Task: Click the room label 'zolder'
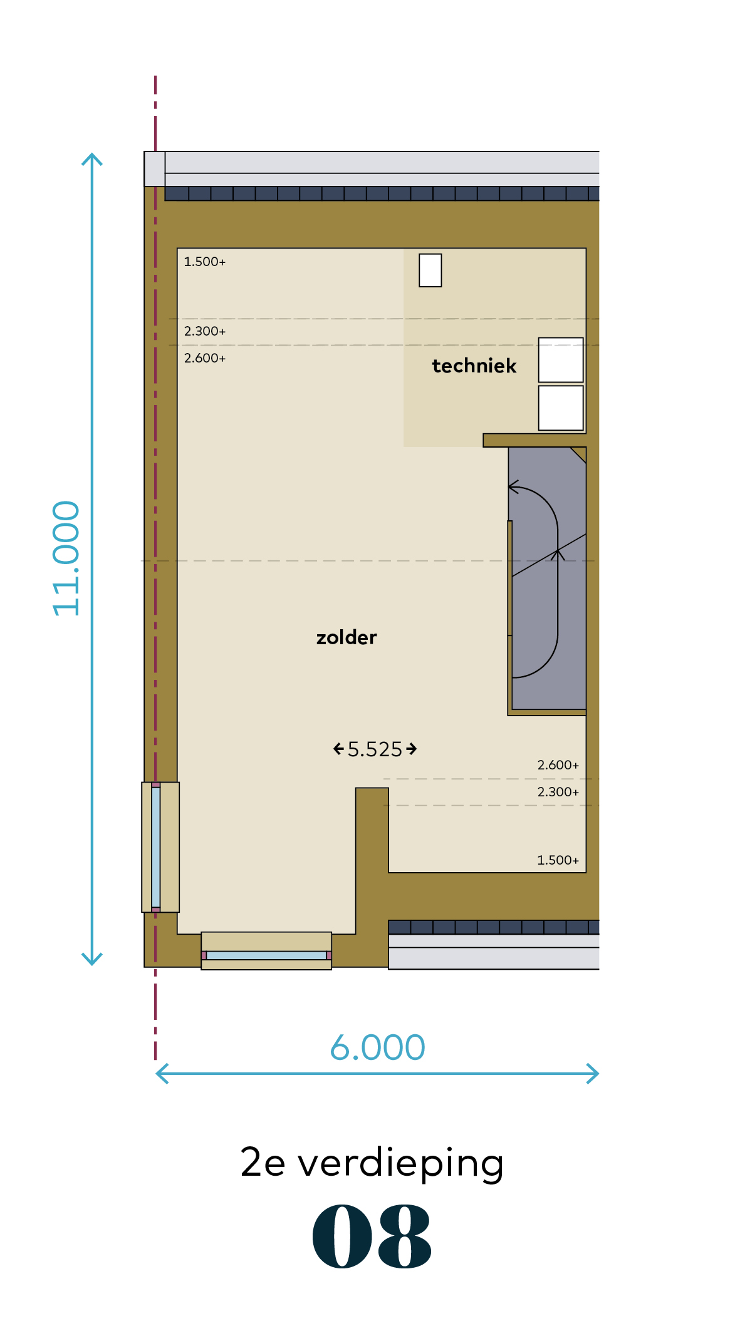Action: coord(347,637)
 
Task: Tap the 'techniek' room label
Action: coord(474,366)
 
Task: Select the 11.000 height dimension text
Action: coord(66,558)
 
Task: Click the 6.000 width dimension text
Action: coord(378,1047)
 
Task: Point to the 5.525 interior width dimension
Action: coord(375,749)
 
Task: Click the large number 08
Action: coord(372,1236)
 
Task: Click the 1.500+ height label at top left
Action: coord(205,262)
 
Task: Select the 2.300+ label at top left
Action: coord(205,331)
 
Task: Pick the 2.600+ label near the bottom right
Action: coord(558,765)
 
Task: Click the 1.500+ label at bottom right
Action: coord(558,860)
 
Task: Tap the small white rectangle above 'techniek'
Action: coord(430,270)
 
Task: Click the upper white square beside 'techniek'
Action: coord(561,360)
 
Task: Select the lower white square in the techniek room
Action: coord(561,408)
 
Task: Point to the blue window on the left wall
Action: coord(156,847)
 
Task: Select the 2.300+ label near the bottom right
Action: coord(558,792)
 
